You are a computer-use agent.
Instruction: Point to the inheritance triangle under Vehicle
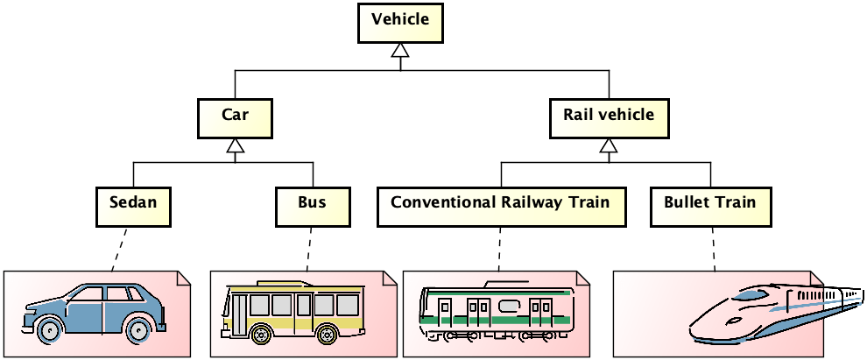(400, 53)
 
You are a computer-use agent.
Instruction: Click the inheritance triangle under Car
(235, 149)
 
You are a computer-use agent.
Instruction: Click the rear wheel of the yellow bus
(328, 334)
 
